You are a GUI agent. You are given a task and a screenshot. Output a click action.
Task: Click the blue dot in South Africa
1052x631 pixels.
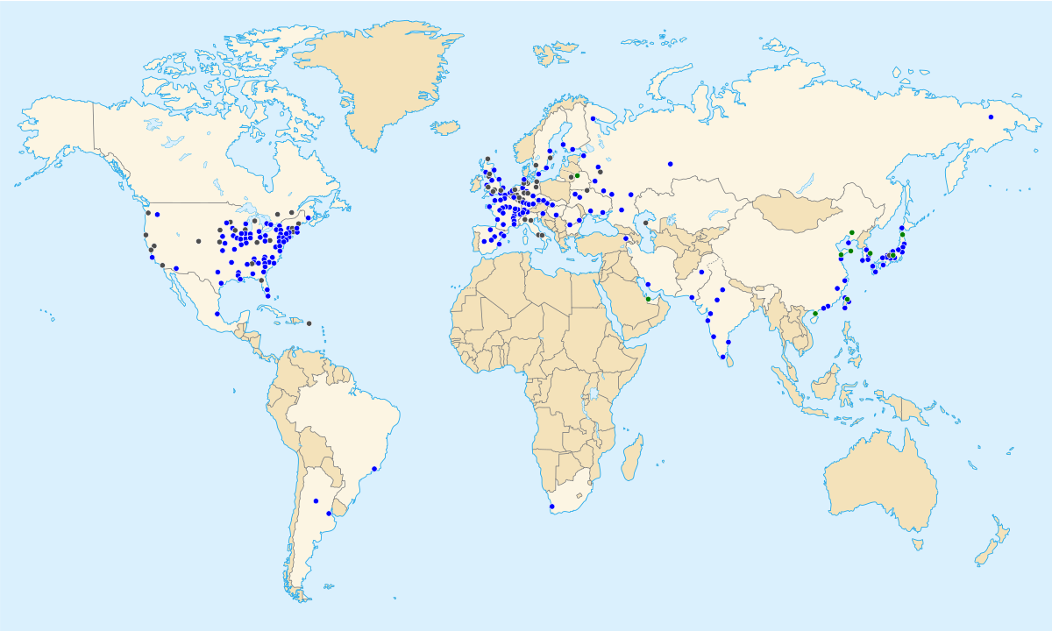tap(551, 507)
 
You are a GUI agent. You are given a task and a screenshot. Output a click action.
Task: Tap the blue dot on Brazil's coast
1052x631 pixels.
tap(374, 469)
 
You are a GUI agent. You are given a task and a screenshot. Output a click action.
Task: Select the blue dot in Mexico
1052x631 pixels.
tap(217, 314)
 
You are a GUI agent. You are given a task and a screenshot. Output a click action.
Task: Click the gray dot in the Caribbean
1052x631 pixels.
tap(309, 323)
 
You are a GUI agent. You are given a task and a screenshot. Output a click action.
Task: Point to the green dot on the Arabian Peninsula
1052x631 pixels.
tap(649, 300)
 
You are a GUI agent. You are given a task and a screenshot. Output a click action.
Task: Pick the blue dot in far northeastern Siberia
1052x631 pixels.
tap(991, 117)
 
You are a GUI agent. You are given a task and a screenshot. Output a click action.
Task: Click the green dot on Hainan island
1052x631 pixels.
tap(815, 314)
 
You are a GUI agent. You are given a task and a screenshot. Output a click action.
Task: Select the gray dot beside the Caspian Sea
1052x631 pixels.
tap(645, 223)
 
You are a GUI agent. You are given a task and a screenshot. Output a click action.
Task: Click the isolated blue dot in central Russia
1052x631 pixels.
tap(670, 164)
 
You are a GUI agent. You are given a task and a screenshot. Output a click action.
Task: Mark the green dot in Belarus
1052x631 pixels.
tap(578, 175)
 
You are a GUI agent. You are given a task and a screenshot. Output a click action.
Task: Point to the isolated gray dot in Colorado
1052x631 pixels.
tap(198, 241)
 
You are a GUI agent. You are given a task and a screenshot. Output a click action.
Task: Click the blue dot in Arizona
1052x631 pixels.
tap(176, 268)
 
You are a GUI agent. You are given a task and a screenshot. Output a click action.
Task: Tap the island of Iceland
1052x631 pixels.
tap(447, 128)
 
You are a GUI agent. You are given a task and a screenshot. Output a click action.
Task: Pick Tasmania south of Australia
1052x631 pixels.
tap(917, 543)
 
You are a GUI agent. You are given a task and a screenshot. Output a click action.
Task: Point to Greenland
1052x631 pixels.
tap(386, 79)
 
